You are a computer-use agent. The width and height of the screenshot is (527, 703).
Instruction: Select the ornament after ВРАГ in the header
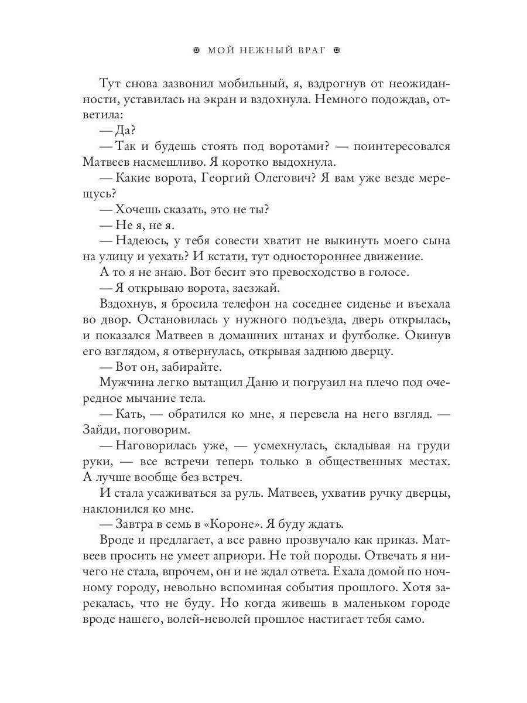coord(336,51)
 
